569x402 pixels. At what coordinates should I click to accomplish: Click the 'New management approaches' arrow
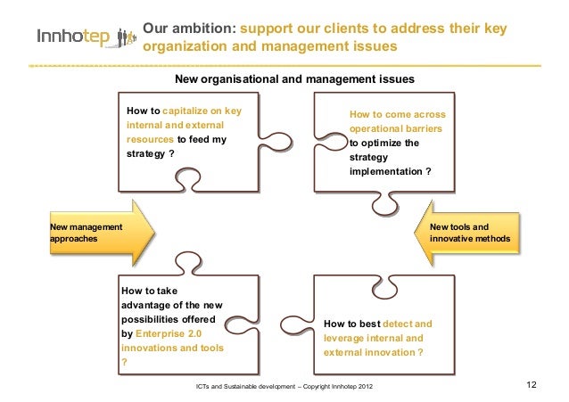tap(93, 234)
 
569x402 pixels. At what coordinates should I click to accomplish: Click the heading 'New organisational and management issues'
tap(294, 79)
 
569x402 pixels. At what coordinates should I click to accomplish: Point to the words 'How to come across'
tap(397, 115)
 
